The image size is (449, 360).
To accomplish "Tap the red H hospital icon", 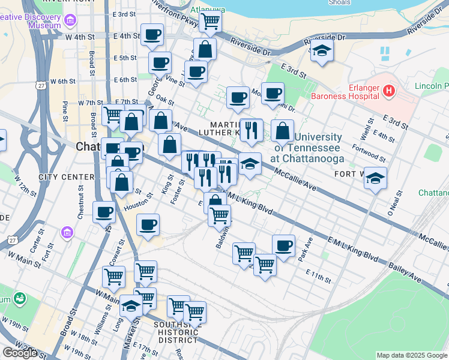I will [389, 92].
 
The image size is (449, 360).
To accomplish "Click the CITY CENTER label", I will [66, 177].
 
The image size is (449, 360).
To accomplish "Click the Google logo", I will [19, 352].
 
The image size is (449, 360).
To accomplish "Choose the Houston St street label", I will [135, 205].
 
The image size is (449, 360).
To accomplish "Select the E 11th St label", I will [318, 276].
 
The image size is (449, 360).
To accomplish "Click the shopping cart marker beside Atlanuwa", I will [209, 22].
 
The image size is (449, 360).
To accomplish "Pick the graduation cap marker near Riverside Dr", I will [322, 52].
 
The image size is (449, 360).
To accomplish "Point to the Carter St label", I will [34, 237].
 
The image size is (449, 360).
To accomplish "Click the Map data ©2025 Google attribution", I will [412, 355].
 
